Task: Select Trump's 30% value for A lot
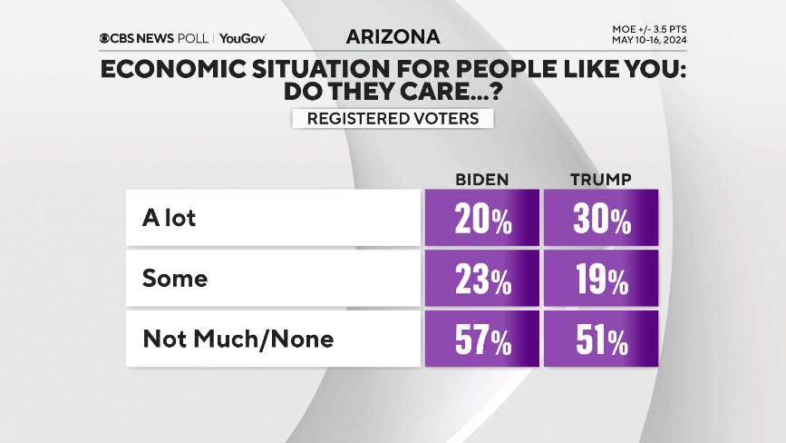599,219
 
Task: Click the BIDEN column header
480,178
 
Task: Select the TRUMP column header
599,178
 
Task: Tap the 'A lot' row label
169,218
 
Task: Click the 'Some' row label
175,279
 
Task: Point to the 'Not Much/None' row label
238,340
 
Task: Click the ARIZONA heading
393,37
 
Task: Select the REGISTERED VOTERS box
393,118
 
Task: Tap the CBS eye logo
106,38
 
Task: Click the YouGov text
242,38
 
